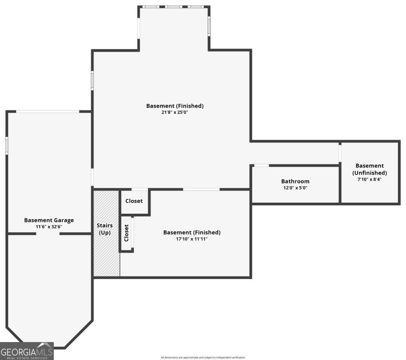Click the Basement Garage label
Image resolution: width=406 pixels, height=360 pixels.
pos(49,220)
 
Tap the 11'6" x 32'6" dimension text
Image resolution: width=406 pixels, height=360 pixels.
pos(49,227)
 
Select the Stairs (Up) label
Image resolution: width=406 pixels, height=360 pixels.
pos(105,229)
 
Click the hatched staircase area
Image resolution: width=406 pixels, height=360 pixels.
pos(106,257)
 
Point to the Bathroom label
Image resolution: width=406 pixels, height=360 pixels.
pos(295,181)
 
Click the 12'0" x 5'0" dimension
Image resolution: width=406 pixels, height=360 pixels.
pos(295,188)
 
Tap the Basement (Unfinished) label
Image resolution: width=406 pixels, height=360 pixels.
pos(369,169)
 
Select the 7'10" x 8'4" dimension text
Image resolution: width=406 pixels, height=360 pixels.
pos(369,179)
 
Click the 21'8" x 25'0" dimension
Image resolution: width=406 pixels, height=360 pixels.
pos(175,112)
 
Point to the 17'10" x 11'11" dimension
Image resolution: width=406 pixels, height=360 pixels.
pos(191,239)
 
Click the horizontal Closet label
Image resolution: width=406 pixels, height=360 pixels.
pos(134,201)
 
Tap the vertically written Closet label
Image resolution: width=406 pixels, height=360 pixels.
pos(127,233)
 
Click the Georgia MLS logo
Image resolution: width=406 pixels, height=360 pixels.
pos(27,351)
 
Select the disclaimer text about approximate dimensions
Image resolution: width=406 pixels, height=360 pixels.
pos(203,357)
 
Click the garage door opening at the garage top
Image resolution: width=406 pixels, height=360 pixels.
pos(48,111)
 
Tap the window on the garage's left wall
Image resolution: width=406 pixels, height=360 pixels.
pos(7,146)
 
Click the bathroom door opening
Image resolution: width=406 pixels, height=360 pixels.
pos(262,165)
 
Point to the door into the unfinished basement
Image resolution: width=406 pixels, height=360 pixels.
pos(340,153)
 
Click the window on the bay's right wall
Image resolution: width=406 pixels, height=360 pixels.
pos(209,27)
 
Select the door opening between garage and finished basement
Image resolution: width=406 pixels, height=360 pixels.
pos(92,177)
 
